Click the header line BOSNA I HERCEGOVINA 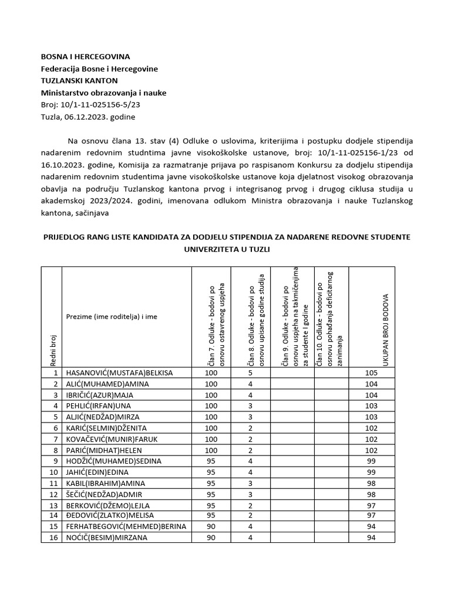(85, 57)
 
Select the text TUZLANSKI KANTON (79, 80)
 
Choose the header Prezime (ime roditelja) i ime (112, 316)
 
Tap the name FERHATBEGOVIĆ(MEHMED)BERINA (126, 526)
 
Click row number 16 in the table (55, 538)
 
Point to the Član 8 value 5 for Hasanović (251, 373)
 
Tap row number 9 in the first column (55, 461)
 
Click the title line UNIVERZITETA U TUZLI (226, 249)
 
